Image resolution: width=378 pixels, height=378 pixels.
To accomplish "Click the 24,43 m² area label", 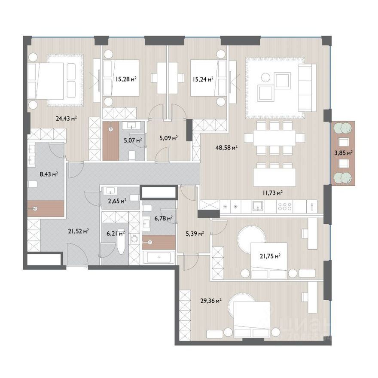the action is [66, 118].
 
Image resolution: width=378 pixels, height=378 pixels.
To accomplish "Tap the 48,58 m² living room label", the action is [227, 147].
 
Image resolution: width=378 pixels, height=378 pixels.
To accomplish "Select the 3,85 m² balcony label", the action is [344, 152].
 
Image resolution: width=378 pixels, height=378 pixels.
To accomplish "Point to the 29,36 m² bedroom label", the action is [211, 301].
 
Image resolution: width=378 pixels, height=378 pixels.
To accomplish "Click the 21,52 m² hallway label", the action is [78, 231].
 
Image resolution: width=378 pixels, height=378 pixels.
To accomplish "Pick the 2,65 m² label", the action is [117, 201].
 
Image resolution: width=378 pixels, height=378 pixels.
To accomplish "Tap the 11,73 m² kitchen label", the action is [272, 192].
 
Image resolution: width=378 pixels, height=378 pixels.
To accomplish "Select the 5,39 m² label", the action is [195, 233].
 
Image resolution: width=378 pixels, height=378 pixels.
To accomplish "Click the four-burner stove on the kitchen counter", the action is [285, 207].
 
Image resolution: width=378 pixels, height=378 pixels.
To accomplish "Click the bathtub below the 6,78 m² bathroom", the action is [159, 257].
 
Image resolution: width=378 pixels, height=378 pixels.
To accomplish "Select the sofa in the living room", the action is [308, 88].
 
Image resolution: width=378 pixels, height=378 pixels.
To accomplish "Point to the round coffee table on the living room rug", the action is [266, 78].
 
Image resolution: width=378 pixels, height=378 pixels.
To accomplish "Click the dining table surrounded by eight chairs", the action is [274, 138].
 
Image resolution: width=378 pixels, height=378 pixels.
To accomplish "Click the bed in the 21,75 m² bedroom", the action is [269, 260].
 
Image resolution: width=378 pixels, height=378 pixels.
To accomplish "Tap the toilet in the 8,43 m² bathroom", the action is [32, 184].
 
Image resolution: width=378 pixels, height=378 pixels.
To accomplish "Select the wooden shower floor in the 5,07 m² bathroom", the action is [111, 141].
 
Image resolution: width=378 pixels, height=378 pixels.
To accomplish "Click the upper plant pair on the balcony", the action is [343, 128].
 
